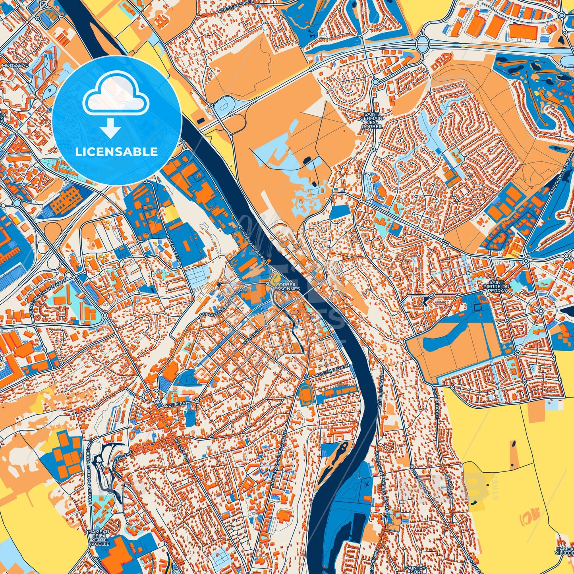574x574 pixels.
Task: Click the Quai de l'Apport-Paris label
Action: point(254,238)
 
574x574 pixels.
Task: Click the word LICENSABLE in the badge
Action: point(117,151)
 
